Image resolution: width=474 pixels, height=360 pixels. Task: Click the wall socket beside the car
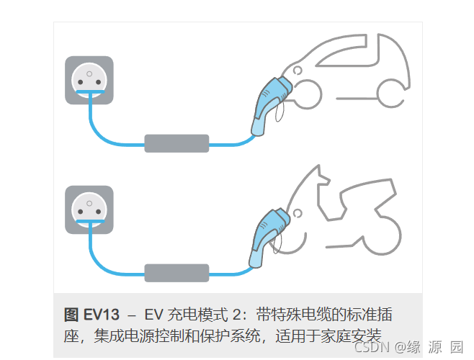pos(89,81)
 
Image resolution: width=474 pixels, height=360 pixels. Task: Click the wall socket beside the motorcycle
pos(89,210)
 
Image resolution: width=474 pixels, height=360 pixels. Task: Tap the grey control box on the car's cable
pos(176,143)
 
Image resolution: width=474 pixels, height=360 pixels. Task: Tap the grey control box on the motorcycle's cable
pos(176,274)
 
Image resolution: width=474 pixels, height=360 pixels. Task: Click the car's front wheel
pos(307,94)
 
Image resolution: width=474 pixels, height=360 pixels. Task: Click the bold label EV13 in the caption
pos(102,315)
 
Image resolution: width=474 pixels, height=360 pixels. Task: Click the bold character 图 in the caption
pos(71,315)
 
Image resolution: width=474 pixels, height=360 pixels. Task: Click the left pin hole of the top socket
pos(80,82)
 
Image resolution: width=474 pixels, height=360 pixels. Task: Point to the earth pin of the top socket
pos(89,73)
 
